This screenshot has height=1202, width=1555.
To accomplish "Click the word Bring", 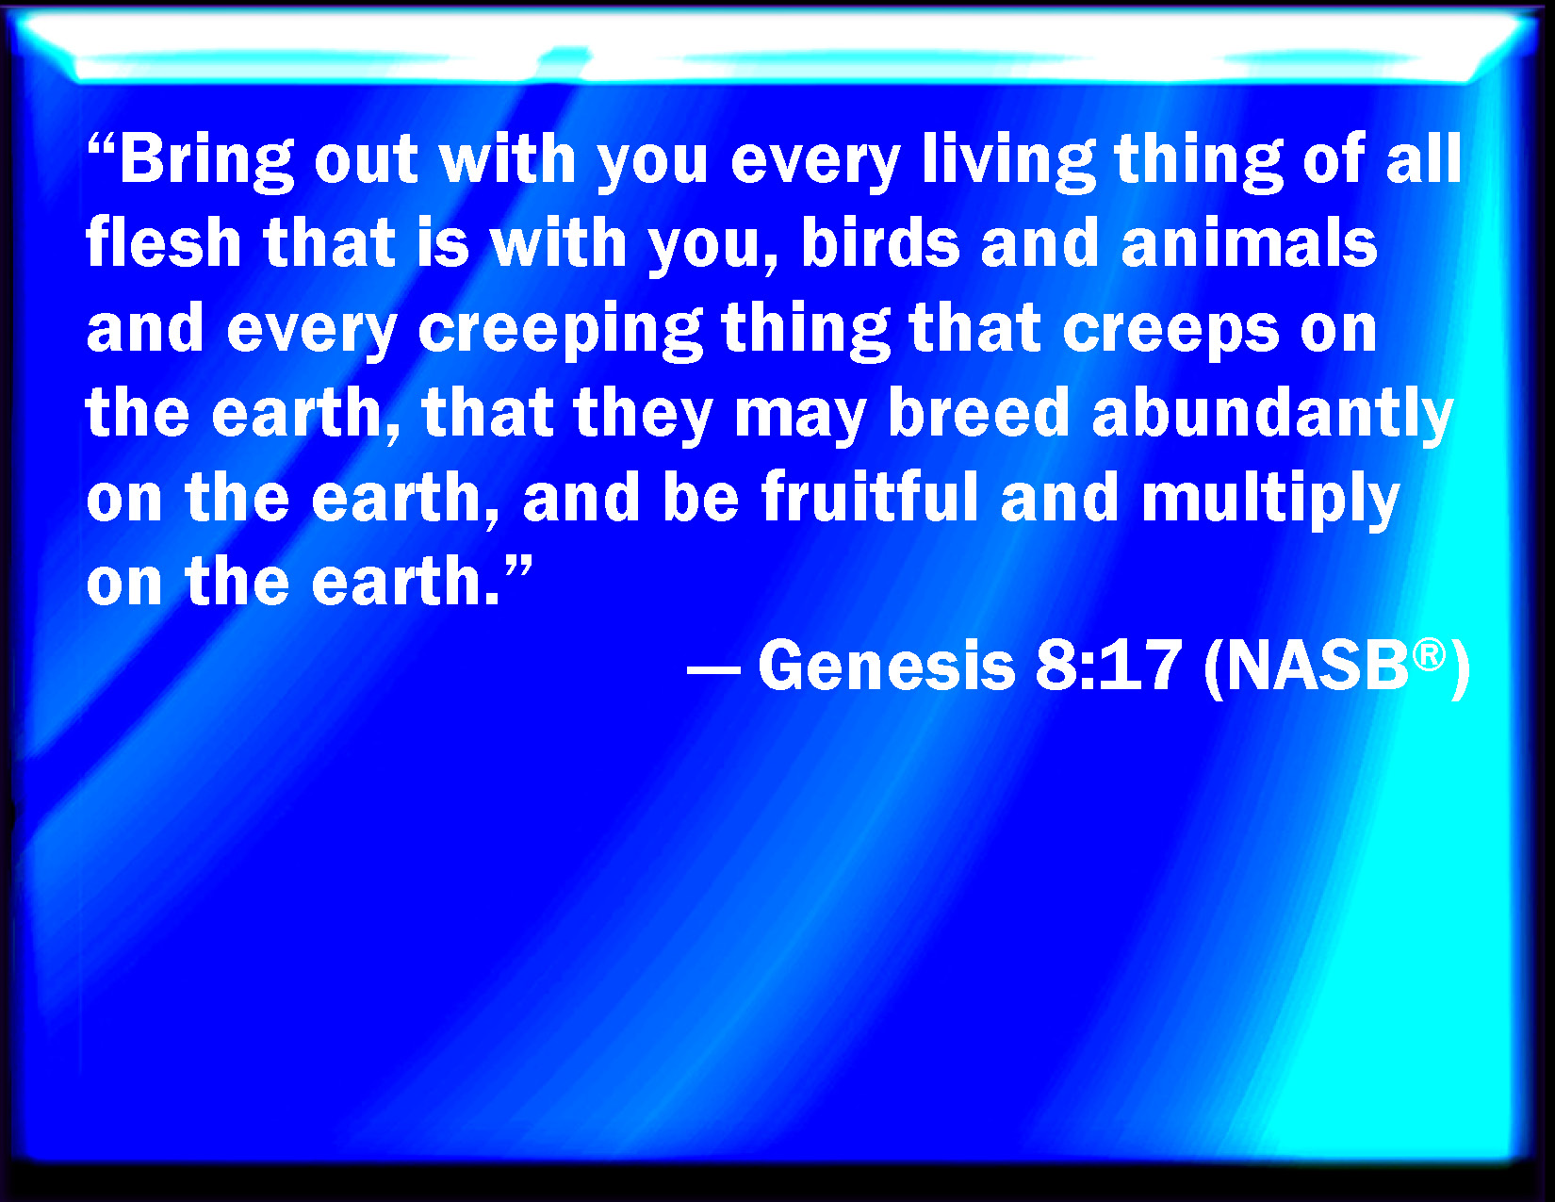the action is point(207,162).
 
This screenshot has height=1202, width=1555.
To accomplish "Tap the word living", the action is point(1009,162).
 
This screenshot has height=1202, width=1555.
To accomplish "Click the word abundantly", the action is point(1273,415).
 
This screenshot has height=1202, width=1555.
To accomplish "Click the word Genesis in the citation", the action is point(887,666).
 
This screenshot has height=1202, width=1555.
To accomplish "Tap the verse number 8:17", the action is point(1108,666).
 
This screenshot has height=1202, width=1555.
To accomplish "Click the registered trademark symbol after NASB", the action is point(1429,653).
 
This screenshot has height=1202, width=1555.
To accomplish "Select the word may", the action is point(801,419).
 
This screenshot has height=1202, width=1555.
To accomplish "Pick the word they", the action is point(644,415).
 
